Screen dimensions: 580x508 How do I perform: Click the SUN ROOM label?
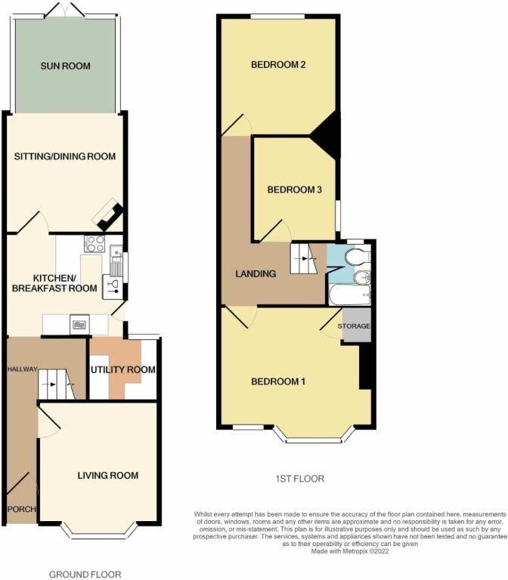65,66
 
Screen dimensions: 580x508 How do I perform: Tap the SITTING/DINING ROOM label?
65,157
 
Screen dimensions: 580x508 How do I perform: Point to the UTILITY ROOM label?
123,370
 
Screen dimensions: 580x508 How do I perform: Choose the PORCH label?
21,510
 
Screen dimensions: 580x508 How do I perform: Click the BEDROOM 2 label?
278,65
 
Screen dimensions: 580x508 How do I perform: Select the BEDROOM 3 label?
295,190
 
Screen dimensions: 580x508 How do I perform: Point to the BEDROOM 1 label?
278,381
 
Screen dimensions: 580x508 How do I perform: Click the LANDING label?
255,273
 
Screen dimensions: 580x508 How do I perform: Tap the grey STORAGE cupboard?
355,326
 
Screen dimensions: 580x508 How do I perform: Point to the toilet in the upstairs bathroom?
354,259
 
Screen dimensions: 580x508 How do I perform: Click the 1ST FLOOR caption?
300,479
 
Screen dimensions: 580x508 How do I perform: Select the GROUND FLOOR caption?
85,575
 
